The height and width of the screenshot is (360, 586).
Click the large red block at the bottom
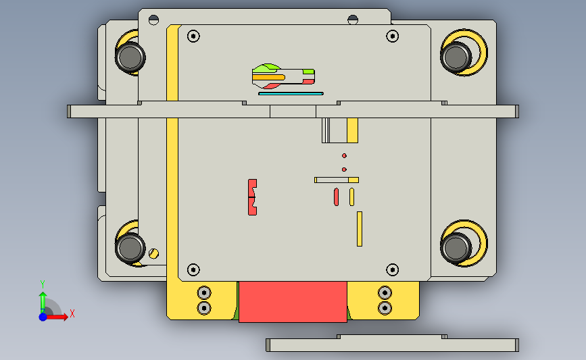coord(293,302)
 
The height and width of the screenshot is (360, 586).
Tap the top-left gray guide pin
coord(130,57)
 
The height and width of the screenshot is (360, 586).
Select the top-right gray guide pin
coord(456,57)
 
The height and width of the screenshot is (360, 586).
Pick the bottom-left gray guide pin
coord(130,248)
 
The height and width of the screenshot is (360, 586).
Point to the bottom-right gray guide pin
coord(456,248)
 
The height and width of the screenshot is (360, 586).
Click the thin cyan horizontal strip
coord(291,94)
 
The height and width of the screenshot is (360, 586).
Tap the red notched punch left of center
coord(252,197)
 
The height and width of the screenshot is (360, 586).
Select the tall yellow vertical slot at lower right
coord(360,229)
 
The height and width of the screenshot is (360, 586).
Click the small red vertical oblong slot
coord(337,197)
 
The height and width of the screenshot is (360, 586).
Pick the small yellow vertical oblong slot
coord(351,197)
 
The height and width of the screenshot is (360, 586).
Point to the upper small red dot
coord(344,156)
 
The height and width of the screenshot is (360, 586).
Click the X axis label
coord(72,313)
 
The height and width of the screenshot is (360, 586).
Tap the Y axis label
coord(43,284)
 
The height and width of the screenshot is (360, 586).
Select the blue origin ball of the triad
coord(43,317)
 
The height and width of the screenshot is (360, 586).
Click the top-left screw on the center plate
coord(193,36)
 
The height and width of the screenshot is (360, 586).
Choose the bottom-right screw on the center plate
coord(392,269)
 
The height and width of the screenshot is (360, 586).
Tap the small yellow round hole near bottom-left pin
coord(153,253)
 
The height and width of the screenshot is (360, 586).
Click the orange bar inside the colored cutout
coord(269,78)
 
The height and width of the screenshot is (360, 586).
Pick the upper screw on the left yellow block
coord(204,292)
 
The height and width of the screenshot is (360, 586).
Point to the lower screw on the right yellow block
coord(385,309)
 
